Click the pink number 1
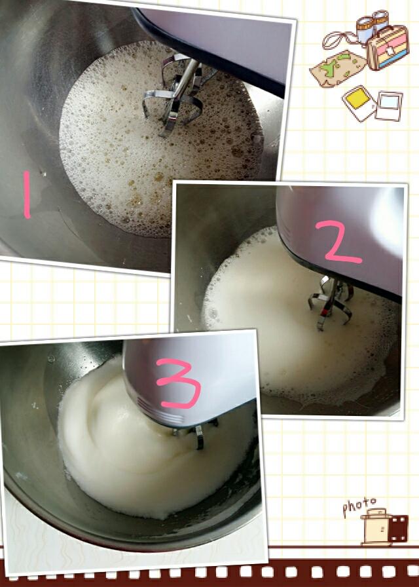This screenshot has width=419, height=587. (x=27, y=195)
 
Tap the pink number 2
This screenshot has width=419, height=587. (x=338, y=242)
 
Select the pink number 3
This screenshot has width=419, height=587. (x=178, y=383)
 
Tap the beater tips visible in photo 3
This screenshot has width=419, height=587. (x=195, y=434)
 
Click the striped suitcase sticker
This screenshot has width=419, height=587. (x=388, y=48)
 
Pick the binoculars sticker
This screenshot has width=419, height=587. (x=372, y=26)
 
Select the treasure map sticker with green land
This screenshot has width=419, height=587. (x=338, y=69)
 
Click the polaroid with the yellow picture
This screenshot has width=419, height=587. (x=358, y=103)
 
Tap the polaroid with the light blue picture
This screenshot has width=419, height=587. (x=389, y=106)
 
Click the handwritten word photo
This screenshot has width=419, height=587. (x=359, y=506)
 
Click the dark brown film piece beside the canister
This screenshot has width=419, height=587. (x=398, y=529)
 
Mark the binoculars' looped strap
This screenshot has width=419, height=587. (x=338, y=40)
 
